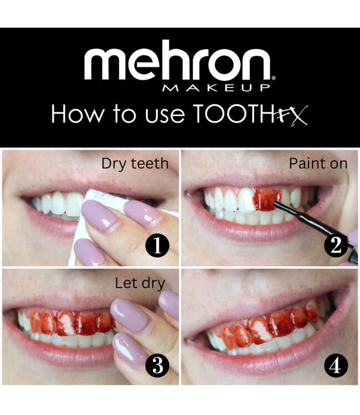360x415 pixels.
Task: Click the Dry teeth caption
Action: [135, 164]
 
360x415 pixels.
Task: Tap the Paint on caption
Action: [318, 164]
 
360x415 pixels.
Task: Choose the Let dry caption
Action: [140, 284]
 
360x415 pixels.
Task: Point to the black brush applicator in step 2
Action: [313, 224]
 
